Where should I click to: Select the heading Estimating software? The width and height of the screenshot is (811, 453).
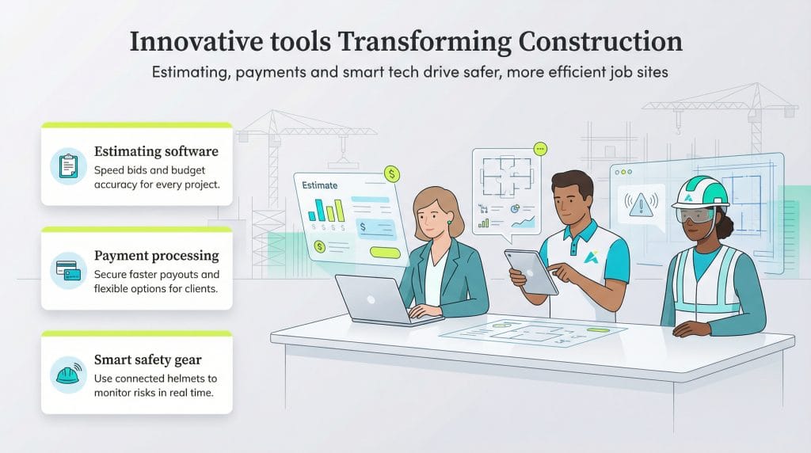pos(156,150)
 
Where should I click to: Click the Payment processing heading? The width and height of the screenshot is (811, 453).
pos(156,255)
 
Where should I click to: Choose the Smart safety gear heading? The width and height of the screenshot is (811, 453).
pos(147,360)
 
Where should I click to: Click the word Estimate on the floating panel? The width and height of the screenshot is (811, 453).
pos(320,185)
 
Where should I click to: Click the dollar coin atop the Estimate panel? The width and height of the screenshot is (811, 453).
pos(391,173)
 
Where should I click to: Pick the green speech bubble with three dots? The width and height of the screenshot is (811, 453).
pos(541,148)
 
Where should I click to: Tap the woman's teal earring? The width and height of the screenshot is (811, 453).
pos(449,223)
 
